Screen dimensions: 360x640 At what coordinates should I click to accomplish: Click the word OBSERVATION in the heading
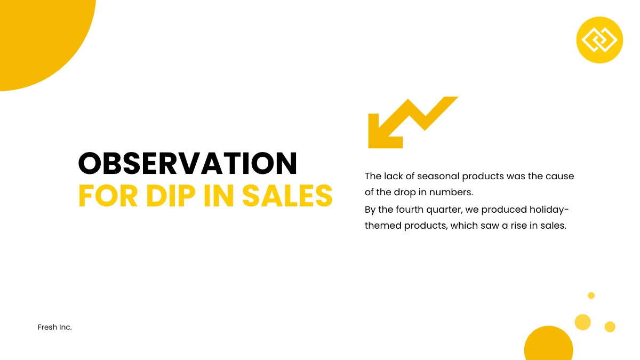pyautogui.click(x=188, y=163)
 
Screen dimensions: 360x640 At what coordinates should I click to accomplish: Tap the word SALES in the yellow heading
pyautogui.click(x=287, y=196)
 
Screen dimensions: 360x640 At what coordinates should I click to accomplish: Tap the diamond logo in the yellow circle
pyautogui.click(x=599, y=40)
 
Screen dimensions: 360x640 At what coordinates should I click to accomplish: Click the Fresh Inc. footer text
pyautogui.click(x=55, y=327)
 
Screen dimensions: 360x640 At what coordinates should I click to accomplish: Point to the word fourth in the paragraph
pyautogui.click(x=410, y=209)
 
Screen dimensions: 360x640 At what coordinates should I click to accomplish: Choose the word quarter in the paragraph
pyautogui.click(x=444, y=209)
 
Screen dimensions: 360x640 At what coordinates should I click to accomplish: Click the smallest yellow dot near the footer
pyautogui.click(x=591, y=295)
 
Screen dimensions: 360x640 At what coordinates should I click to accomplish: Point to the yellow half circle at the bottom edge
pyautogui.click(x=548, y=346)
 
